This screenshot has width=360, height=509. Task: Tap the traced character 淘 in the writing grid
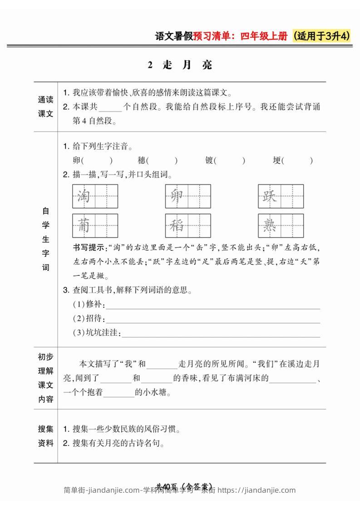pos(84,196)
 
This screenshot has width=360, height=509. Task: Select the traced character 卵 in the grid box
pos(177,196)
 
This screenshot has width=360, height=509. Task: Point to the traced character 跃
pos(270,196)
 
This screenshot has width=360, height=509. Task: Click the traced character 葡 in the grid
pos(84,225)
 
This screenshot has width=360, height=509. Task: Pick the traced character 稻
pos(177,225)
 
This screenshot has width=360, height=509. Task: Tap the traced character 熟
pos(270,225)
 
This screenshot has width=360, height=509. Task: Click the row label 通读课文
pos(45,107)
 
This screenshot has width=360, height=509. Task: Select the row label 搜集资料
pos(45,436)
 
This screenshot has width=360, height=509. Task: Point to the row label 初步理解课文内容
pos(45,378)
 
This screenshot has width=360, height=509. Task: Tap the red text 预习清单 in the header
pos(212,37)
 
